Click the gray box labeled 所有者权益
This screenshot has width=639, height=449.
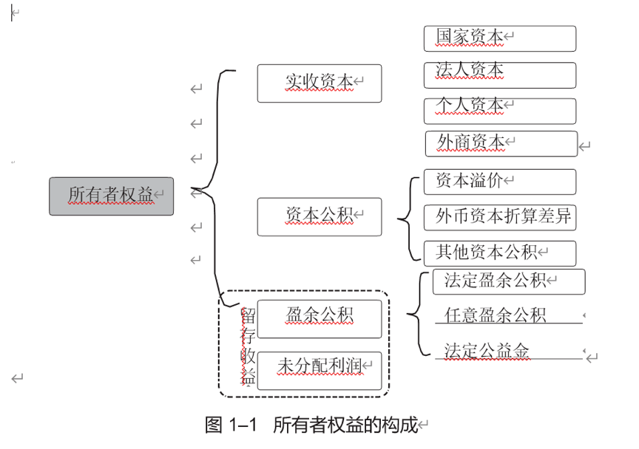pyautogui.click(x=111, y=196)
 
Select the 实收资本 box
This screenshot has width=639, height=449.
pyautogui.click(x=319, y=83)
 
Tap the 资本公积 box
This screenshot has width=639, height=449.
pyautogui.click(x=319, y=216)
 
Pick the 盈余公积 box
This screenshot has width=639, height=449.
pyautogui.click(x=319, y=318)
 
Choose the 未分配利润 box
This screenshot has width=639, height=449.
pyautogui.click(x=319, y=366)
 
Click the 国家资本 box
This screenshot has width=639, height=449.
pyautogui.click(x=500, y=38)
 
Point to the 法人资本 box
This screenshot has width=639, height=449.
pyautogui.click(x=500, y=75)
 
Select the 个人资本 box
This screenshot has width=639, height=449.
pyautogui.click(x=500, y=109)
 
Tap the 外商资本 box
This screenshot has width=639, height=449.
pyautogui.click(x=501, y=144)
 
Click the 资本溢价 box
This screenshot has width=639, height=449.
pyautogui.click(x=500, y=182)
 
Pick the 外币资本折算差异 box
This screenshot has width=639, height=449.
pyautogui.click(x=500, y=218)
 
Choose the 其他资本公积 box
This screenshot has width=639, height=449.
pyautogui.click(x=500, y=253)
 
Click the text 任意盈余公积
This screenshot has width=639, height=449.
pyautogui.click(x=495, y=316)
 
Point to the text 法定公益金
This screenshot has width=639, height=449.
pyautogui.click(x=487, y=351)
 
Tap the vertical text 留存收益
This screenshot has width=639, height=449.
pyautogui.click(x=248, y=346)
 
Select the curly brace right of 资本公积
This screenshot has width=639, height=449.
pyautogui.click(x=408, y=218)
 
